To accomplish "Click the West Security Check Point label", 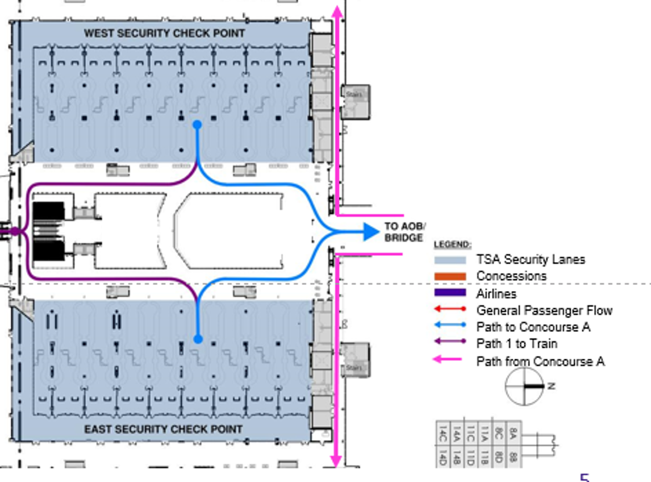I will [x=165, y=34].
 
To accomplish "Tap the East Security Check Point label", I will [x=164, y=429].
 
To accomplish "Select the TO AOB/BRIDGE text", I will [x=404, y=232].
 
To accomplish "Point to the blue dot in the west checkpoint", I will [x=197, y=124].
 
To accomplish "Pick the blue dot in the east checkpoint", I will [x=198, y=339].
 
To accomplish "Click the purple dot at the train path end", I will [x=15, y=231].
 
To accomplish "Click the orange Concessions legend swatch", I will [x=450, y=276].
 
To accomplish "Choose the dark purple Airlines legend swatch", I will [x=450, y=293].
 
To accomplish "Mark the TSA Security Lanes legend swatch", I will [x=450, y=260].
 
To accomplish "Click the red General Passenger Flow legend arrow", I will [x=450, y=310].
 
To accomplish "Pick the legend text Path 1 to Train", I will [x=516, y=344].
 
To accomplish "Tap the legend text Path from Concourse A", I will [x=540, y=361].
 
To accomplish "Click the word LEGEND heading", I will [x=453, y=244].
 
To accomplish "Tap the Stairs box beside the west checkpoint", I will [x=354, y=102].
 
